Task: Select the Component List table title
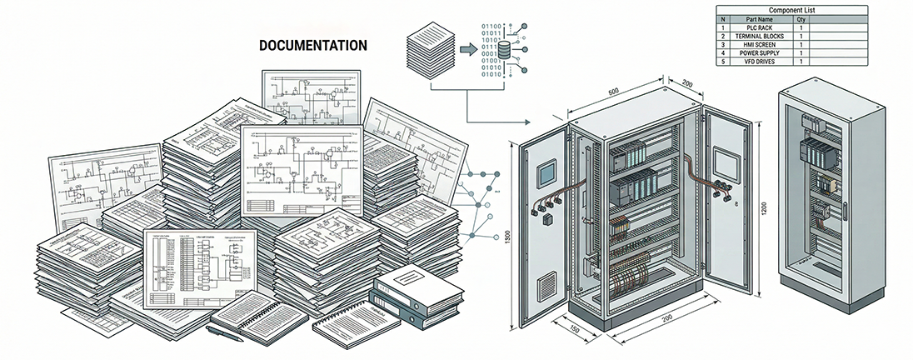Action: pyautogui.click(x=791, y=10)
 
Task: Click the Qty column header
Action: pyautogui.click(x=801, y=19)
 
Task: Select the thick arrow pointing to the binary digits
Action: pyautogui.click(x=468, y=51)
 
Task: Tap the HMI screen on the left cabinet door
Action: pyautogui.click(x=546, y=172)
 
